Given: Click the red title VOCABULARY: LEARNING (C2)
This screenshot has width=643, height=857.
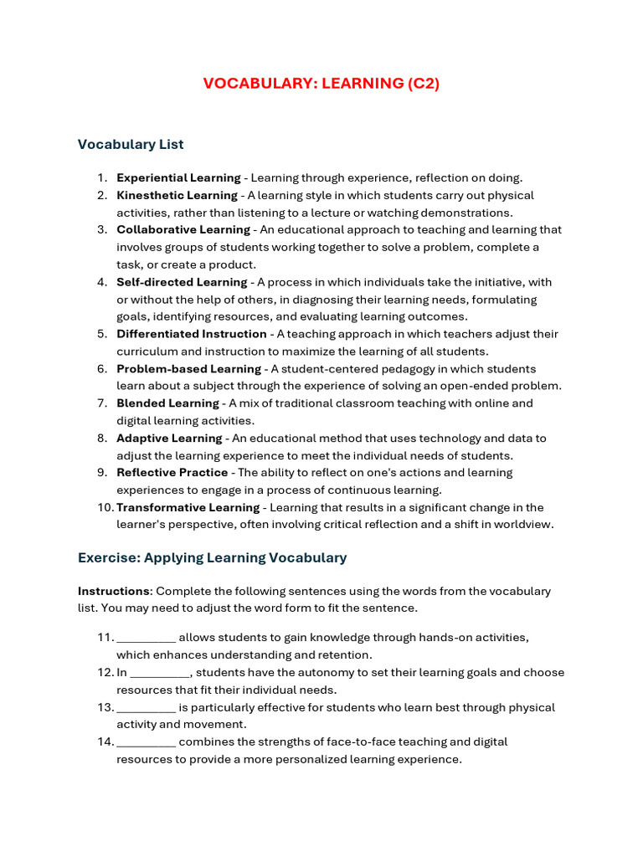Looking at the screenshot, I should tap(321, 83).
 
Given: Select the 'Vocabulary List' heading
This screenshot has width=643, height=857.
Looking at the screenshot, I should tap(131, 144).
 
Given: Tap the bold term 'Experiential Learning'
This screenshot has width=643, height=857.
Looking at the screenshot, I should tap(178, 177).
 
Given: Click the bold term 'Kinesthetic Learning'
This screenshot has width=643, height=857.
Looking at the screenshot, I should tap(177, 195).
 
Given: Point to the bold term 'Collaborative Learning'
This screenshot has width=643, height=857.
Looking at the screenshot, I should tap(183, 229).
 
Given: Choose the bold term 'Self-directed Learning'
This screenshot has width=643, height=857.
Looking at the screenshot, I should tap(182, 282).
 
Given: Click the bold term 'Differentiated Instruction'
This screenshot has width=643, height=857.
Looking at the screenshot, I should tap(191, 334).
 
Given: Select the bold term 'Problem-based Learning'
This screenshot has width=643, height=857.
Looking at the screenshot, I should tap(188, 369).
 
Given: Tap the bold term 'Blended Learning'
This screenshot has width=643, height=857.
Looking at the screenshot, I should tap(167, 403).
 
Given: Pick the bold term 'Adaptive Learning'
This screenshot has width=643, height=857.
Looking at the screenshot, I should tap(169, 439).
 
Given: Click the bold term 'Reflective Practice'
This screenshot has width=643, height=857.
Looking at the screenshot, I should tap(172, 473).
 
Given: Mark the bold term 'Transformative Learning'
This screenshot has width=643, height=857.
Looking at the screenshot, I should tap(188, 508).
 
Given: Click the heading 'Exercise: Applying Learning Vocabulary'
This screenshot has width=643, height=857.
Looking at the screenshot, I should tap(212, 557).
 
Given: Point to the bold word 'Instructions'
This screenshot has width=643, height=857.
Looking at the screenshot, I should tap(113, 591).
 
